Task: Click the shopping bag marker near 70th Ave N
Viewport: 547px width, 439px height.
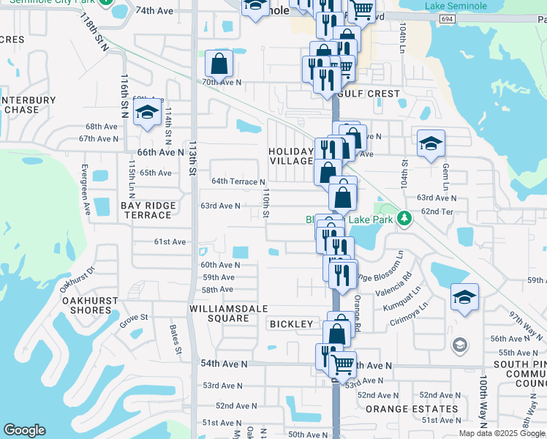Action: coord(219,64)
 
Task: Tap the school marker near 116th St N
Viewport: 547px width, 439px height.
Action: coord(147,113)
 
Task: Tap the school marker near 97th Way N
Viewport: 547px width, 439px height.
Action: coord(464,297)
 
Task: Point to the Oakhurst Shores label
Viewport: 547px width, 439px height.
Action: coord(86,305)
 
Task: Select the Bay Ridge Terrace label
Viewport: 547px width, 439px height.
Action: coord(146,211)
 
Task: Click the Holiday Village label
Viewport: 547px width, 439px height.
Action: coord(292,155)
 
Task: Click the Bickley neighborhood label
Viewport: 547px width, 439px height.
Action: coord(291,323)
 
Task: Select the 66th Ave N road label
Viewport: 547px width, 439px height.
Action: coord(161,152)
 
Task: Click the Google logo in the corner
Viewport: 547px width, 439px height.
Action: coord(24,430)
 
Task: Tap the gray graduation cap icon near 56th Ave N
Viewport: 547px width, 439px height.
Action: coord(460,345)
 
